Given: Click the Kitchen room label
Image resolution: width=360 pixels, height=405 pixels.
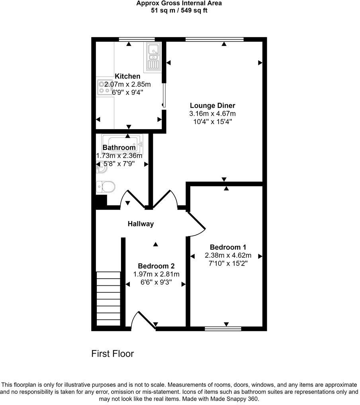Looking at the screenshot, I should point(127,76).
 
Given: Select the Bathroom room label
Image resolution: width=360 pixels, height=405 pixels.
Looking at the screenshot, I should point(119,147).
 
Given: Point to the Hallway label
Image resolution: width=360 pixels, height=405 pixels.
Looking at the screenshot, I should point(141,224).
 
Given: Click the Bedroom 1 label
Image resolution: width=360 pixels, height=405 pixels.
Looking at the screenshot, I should point(228,247).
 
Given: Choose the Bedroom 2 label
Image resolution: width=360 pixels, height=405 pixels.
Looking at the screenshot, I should point(156,266).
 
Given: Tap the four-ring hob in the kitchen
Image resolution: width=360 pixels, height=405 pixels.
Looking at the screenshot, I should point(104,87).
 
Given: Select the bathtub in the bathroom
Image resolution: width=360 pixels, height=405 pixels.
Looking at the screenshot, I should point(122,142).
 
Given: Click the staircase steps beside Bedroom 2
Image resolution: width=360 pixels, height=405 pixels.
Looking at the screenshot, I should point(108,298).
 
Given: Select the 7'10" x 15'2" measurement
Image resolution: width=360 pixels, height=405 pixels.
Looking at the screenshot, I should point(228,263).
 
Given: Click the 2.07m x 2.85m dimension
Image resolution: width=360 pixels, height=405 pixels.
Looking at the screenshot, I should point(127,84).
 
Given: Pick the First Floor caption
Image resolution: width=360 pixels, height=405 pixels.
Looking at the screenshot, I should point(113,354).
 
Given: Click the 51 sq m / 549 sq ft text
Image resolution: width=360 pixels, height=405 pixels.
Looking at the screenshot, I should point(179,10).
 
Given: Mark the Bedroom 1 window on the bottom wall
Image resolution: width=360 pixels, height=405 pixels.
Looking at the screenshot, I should point(223,328).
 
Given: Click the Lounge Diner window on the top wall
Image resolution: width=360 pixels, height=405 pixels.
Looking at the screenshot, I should point(214,39).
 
